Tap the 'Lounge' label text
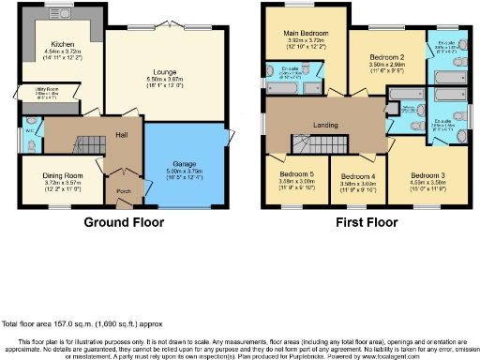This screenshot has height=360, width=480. point(165,70)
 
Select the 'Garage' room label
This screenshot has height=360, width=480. point(184,162)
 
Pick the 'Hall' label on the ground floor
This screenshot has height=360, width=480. point(121,134)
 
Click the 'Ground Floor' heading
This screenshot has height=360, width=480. point(124,223)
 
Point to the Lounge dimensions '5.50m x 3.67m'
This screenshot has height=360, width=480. point(165,80)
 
